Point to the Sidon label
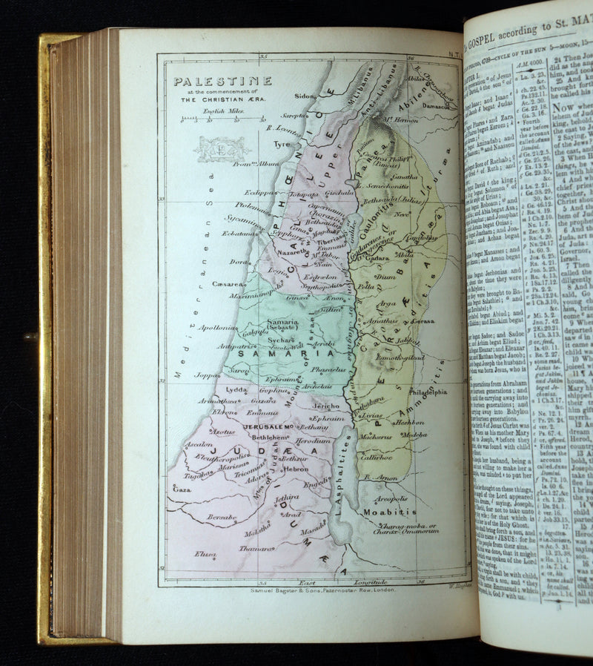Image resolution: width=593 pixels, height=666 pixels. [x=305, y=96]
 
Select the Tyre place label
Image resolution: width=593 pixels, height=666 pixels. [x=282, y=145]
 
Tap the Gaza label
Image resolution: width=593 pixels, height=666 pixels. [x=182, y=489]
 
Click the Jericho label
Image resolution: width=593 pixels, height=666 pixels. [x=326, y=406]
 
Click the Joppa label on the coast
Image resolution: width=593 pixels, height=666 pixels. [x=208, y=375]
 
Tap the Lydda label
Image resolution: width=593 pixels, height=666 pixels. [x=237, y=389]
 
